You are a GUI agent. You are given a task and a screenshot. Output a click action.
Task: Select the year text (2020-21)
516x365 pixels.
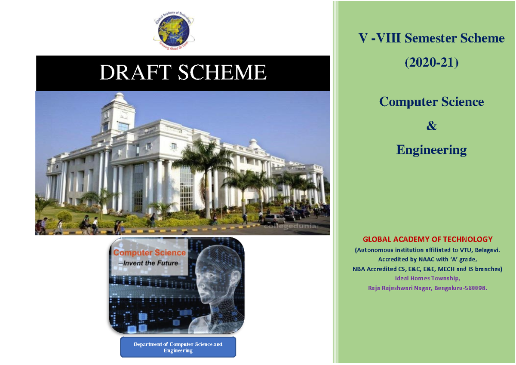431,63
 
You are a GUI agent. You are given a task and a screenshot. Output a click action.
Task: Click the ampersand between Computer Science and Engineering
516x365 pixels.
431,126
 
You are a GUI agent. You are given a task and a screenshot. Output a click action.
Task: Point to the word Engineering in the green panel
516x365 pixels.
431,150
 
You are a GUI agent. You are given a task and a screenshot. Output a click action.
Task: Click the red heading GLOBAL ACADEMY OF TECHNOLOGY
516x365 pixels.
428,239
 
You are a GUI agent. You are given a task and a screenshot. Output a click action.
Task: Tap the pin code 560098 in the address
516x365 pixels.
475,288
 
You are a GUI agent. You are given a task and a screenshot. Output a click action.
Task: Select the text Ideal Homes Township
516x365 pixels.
428,278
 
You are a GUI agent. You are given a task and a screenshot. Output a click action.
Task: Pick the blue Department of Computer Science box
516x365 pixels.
178,347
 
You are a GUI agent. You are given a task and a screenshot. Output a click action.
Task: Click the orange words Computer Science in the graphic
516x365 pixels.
149,253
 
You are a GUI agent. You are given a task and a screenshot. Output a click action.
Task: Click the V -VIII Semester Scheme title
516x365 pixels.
431,38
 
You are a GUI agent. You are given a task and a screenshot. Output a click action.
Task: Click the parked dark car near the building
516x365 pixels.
292,215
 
